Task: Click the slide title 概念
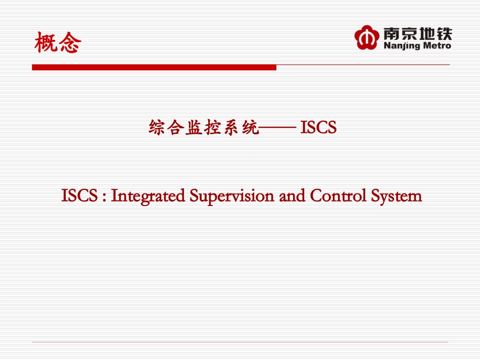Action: click(58, 42)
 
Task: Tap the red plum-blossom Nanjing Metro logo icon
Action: click(366, 38)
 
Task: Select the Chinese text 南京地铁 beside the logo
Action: click(417, 34)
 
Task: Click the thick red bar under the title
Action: click(154, 67)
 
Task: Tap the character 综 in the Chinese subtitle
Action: click(157, 127)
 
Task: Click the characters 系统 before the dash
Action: click(241, 127)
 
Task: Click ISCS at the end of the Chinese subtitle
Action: click(318, 127)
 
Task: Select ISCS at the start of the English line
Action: click(79, 195)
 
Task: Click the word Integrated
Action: click(148, 196)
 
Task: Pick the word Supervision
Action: click(232, 196)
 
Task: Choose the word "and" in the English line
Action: click(292, 196)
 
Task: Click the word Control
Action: click(338, 195)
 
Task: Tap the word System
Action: click(397, 196)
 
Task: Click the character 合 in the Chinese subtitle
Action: click(175, 127)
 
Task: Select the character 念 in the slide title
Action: click(70, 42)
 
